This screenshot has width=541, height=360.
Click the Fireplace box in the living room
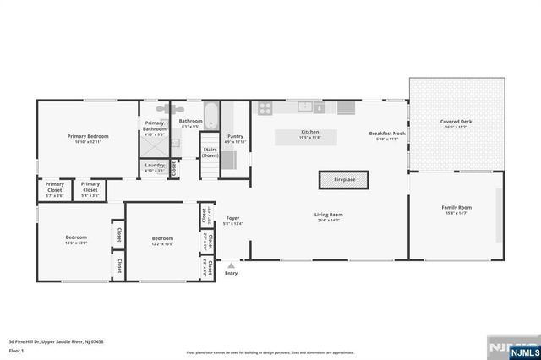(344, 180)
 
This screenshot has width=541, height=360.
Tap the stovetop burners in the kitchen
(265, 108)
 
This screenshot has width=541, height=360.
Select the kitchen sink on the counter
(305, 106)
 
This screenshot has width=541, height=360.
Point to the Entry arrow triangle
(231, 265)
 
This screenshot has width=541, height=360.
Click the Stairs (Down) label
(210, 153)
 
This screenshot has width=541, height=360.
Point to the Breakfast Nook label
(387, 134)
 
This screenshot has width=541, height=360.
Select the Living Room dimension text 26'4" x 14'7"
(329, 221)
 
